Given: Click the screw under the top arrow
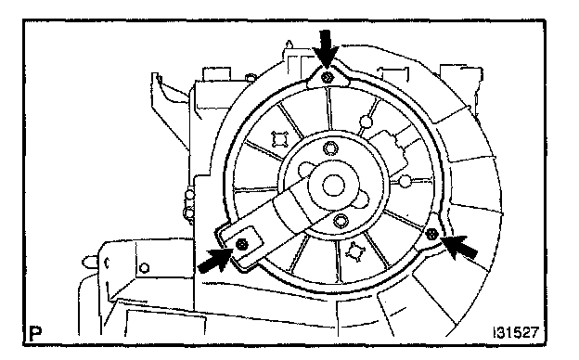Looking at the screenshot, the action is click(x=328, y=78).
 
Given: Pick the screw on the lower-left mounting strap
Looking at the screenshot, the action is click(x=241, y=243).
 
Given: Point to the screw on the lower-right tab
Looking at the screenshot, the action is click(x=431, y=234).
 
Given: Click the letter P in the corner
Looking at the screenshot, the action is click(x=34, y=334).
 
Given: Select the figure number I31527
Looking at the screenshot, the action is click(x=516, y=332).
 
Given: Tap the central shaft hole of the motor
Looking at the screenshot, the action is click(x=333, y=186).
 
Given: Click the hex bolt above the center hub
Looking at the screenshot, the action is click(x=331, y=148).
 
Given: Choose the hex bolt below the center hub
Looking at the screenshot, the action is click(x=341, y=221).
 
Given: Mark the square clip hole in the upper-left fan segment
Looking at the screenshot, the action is click(x=279, y=139).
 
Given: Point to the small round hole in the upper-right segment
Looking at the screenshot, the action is click(x=366, y=122).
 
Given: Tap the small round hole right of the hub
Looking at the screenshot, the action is click(x=405, y=181).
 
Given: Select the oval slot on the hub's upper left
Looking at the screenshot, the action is click(x=306, y=169).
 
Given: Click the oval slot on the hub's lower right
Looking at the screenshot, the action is click(x=362, y=201).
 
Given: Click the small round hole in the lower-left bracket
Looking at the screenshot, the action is click(x=145, y=268).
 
